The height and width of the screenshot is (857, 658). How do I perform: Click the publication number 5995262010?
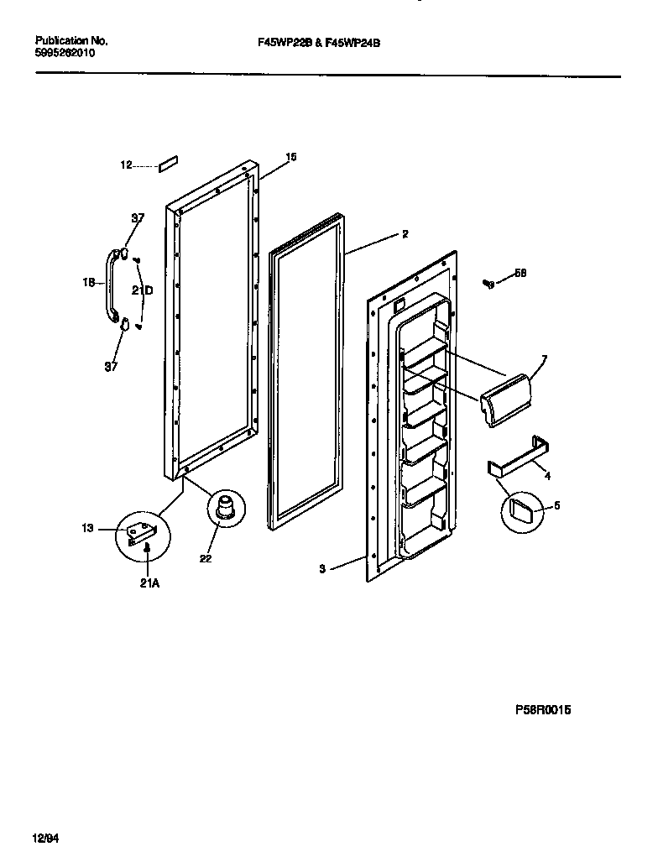click(65, 52)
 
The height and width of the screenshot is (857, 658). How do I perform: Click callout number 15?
click(291, 157)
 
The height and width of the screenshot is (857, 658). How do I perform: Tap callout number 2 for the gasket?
click(405, 234)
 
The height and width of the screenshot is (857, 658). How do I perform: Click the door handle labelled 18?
click(110, 285)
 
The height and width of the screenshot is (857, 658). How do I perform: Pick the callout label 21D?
click(143, 290)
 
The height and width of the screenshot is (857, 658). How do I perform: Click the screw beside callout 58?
click(488, 284)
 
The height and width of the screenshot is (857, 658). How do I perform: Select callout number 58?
click(520, 273)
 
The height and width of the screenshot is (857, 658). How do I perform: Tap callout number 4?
click(547, 477)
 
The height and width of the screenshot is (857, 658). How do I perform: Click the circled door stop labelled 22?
click(224, 508)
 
